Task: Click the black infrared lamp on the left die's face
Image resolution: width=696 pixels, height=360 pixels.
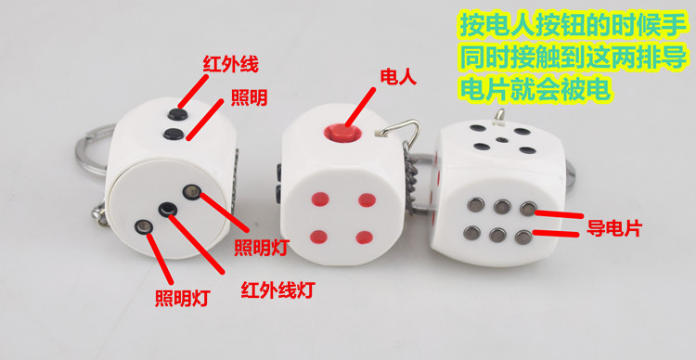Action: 167,210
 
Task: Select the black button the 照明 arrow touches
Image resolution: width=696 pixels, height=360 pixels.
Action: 172,136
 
